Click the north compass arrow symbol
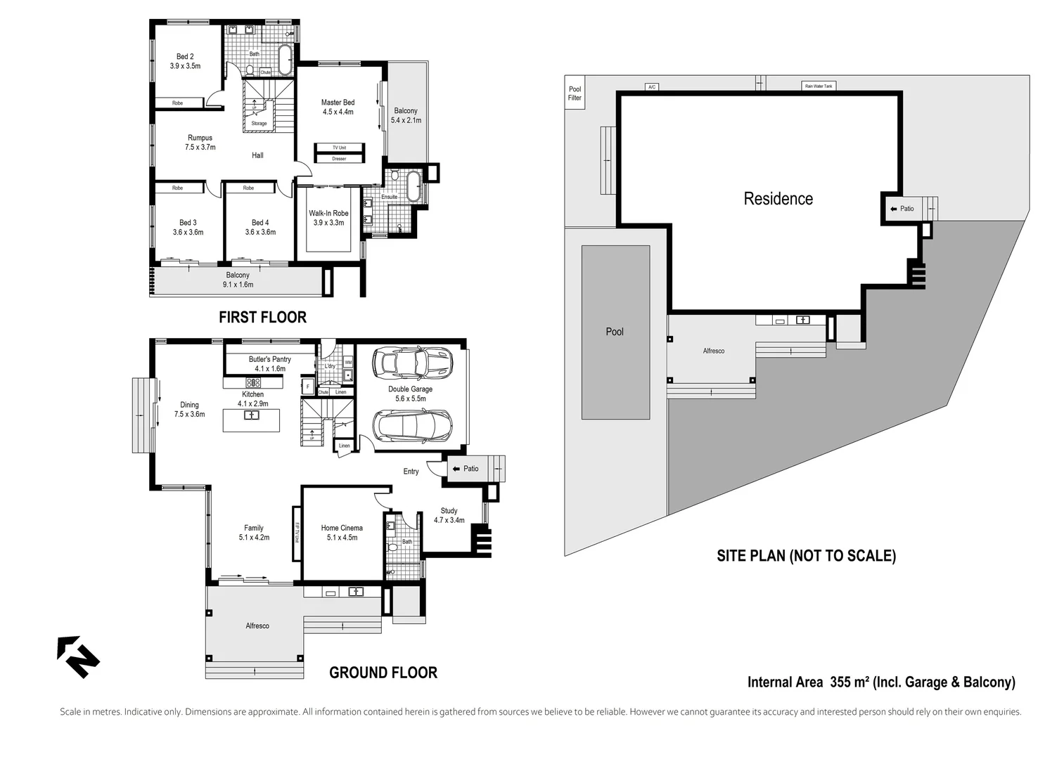pos(78,657)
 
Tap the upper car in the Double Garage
pos(411,363)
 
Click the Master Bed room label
pos(338,103)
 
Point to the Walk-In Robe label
pos(328,214)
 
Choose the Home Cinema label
pos(342,528)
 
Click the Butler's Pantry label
pos(269,359)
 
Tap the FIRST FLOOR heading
pos(262,317)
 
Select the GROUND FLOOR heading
pos(383,673)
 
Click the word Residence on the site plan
pos(778,199)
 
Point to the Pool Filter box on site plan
pos(575,93)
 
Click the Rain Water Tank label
pos(818,86)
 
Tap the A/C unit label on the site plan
pos(652,87)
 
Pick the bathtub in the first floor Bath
pos(285,60)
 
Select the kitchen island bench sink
pos(251,415)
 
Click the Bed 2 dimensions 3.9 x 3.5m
pos(185,66)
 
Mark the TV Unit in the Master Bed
pos(339,148)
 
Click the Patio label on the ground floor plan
pos(470,469)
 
